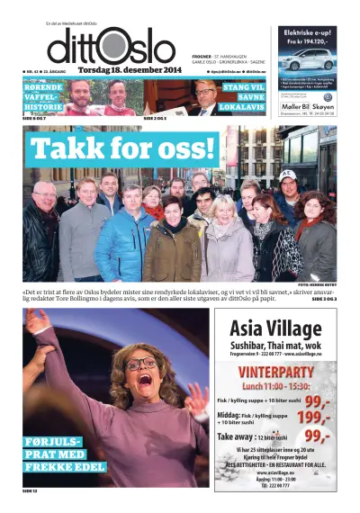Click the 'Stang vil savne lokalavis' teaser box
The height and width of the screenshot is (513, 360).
tap(243, 95)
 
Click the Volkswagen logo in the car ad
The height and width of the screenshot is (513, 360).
tap(328, 98)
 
